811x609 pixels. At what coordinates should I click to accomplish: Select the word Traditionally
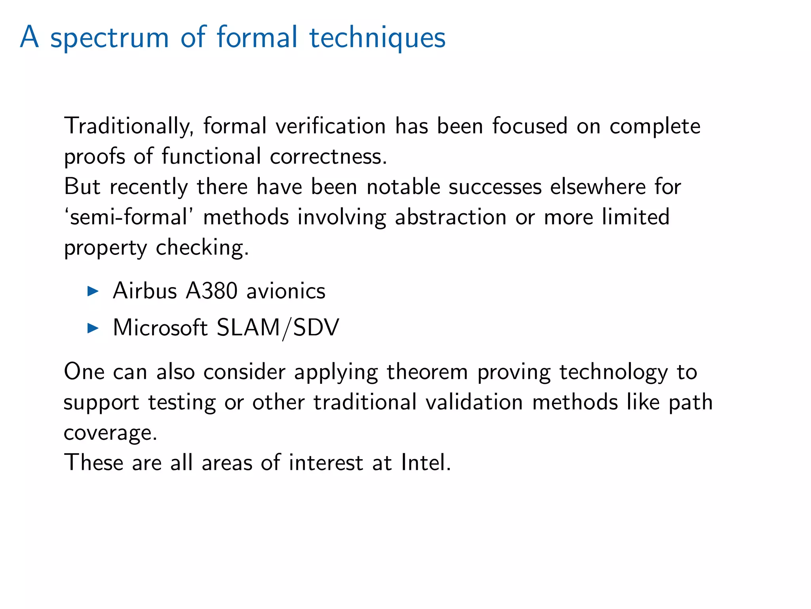coord(129,127)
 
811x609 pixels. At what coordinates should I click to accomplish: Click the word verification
coord(331,126)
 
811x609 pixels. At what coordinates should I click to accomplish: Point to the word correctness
coord(328,156)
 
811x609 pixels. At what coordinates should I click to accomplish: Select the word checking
coord(202,248)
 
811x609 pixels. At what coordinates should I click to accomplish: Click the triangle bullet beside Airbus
coord(93,291)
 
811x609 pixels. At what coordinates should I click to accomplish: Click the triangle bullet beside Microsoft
coord(93,328)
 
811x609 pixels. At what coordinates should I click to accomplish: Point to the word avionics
coord(286,291)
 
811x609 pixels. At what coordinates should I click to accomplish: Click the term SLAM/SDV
coord(278,328)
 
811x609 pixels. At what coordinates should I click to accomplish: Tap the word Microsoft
coord(160,328)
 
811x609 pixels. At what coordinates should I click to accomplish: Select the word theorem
coord(427,372)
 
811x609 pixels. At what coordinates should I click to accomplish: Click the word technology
coord(613,373)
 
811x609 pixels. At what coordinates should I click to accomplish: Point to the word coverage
coord(110,433)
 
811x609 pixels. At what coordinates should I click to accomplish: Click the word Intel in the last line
coord(425,462)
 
